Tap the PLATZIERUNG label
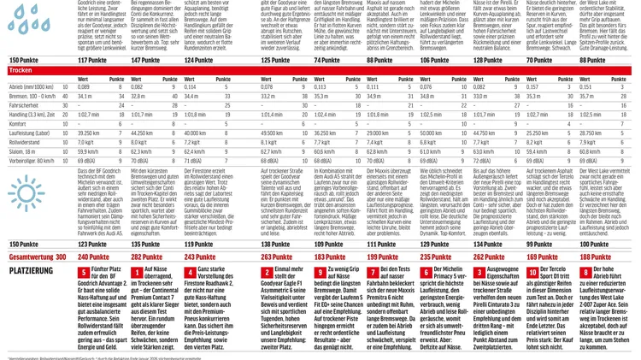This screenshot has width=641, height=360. [x=31, y=270]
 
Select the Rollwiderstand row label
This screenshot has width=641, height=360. [x=26, y=142]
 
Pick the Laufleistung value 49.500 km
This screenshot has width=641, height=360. [x=273, y=133]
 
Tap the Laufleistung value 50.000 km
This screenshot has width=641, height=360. [x=432, y=133]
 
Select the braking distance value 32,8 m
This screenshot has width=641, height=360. [x=138, y=96]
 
